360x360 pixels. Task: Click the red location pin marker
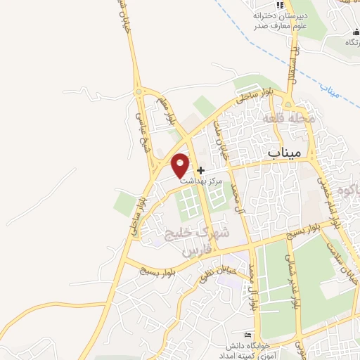tap(181, 165)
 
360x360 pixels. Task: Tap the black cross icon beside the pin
tap(201, 170)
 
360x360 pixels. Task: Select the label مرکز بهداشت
tap(201, 181)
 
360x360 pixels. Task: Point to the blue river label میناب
tap(328, 89)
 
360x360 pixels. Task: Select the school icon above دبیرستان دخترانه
tap(280, 5)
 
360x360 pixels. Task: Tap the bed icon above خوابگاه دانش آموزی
tap(246, 334)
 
